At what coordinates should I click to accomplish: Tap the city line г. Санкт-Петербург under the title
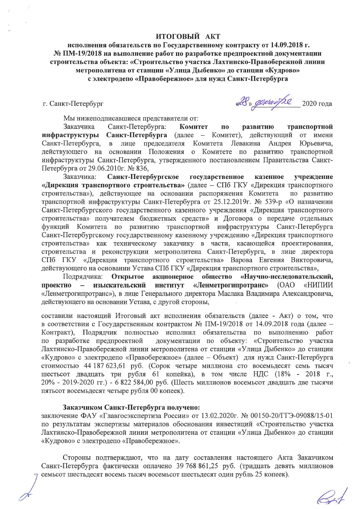click(x=73, y=104)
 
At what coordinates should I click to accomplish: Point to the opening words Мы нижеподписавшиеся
click(x=99, y=118)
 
